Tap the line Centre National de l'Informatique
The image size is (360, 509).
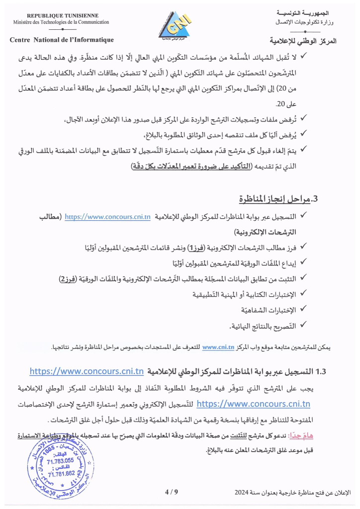tap(62, 40)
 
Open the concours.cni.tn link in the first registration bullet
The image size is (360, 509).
tap(108, 217)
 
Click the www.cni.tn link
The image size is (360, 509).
tap(219, 347)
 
